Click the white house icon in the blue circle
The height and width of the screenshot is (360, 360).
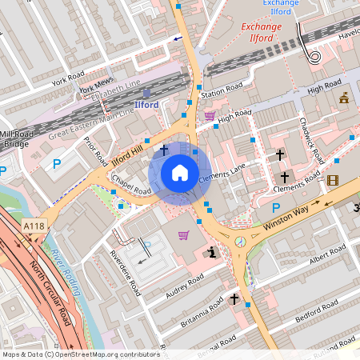[x=179, y=173]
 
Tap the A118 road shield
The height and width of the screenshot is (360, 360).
[x=34, y=227]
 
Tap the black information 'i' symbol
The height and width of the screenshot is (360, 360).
[x=211, y=252]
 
